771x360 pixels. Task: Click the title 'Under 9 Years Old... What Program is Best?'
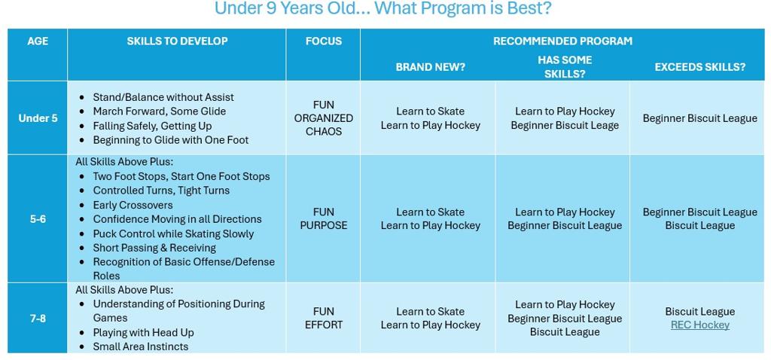[383, 8]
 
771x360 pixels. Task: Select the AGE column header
[38, 41]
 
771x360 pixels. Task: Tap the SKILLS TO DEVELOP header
[177, 41]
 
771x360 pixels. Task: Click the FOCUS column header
[323, 41]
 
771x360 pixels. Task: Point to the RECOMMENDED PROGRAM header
[562, 41]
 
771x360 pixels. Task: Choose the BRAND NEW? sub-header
[430, 67]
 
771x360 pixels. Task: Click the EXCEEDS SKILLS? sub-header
[699, 67]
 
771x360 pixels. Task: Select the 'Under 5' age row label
[38, 118]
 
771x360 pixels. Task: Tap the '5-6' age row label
[38, 219]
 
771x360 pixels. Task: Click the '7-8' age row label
[38, 319]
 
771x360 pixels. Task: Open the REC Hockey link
[699, 325]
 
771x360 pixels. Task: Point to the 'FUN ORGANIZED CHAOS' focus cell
[323, 118]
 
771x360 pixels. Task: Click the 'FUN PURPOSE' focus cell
[323, 219]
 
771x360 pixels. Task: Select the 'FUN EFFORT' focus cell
[323, 318]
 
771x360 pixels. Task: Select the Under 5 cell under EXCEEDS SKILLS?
[699, 118]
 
